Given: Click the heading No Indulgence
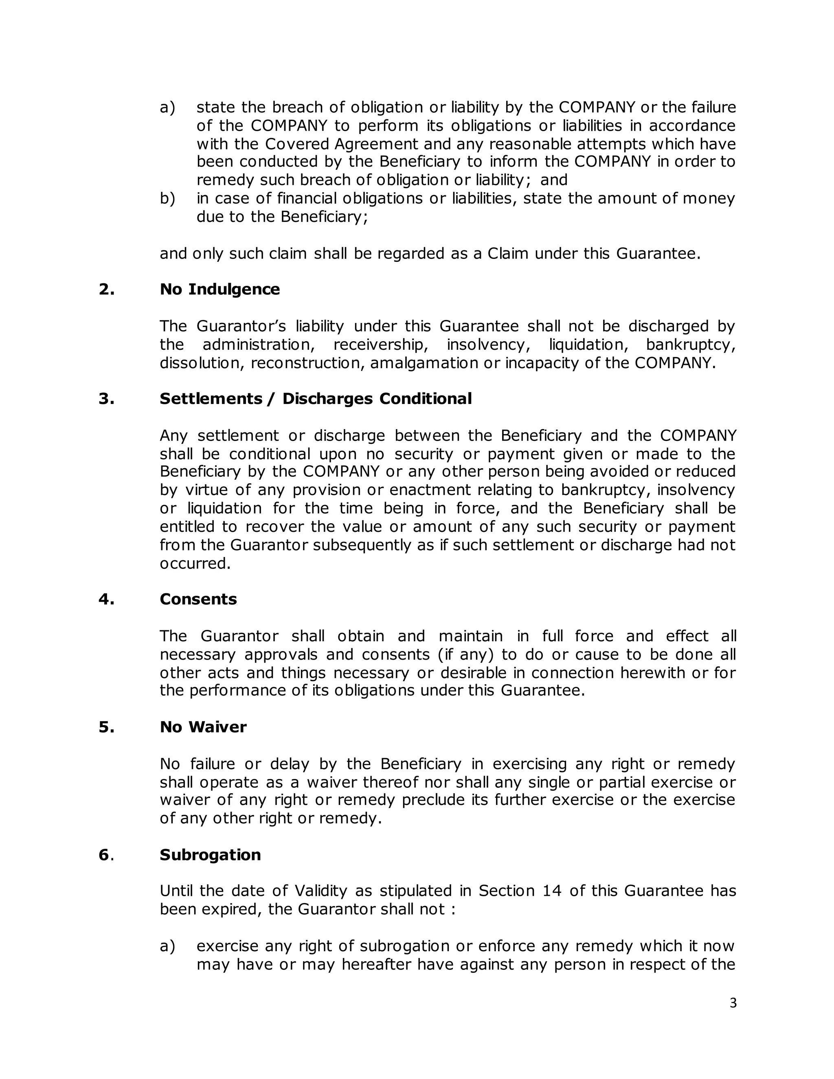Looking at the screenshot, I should pos(219,289).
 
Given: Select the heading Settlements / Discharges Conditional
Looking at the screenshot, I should pos(315,399).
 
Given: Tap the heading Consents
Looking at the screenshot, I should pos(198,599).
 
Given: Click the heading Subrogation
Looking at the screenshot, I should pos(210,855).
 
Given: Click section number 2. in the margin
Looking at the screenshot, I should pos(106,289).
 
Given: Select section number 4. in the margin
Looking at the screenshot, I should pos(106,599).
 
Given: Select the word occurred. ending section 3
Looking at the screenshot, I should pos(195,564).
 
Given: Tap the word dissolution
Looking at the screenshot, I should pos(202,363).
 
